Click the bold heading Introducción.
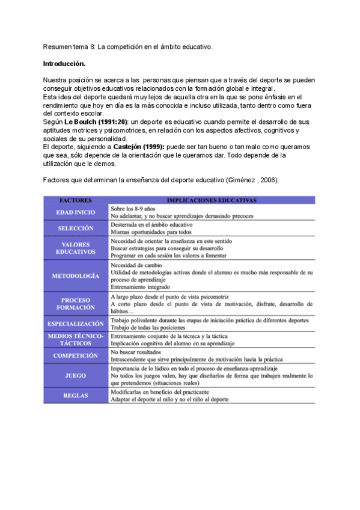[x=64, y=63]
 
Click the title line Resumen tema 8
[x=127, y=46]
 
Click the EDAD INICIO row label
[x=75, y=212]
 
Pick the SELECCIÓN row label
[x=75, y=229]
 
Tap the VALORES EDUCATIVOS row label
[x=75, y=248]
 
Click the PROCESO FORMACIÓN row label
[x=75, y=303]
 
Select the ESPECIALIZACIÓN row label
[x=75, y=324]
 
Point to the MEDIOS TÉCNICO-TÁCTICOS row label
[x=75, y=339]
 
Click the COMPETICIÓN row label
[x=75, y=355]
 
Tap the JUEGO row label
[x=75, y=375]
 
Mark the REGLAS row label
[x=75, y=395]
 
